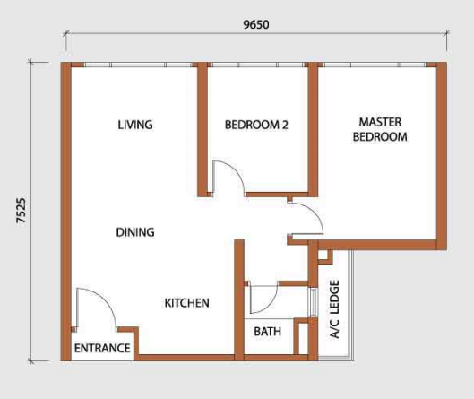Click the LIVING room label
[135, 125]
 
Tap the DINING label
[135, 232]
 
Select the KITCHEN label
[186, 303]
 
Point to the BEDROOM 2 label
[256, 125]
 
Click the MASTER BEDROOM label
[380, 129]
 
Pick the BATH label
[268, 332]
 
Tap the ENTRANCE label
[102, 348]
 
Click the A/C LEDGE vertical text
[334, 308]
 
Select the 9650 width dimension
[256, 24]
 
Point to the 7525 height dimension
[22, 211]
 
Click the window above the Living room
[139, 65]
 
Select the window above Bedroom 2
[258, 65]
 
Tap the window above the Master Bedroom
[375, 65]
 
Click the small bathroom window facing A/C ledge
[314, 302]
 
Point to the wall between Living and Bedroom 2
[203, 130]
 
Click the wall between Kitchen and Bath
[239, 300]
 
